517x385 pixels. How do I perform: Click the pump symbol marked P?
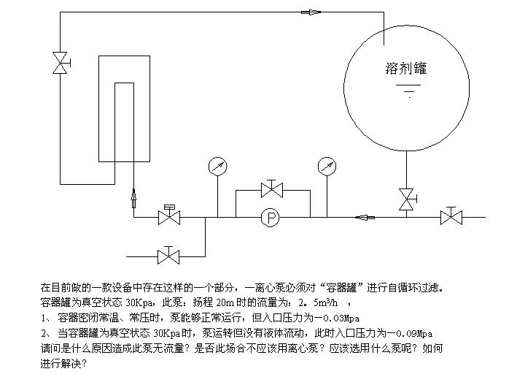(x=272, y=217)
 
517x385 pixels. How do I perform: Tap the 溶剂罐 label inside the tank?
(x=405, y=69)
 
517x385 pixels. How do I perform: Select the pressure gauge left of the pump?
(x=217, y=167)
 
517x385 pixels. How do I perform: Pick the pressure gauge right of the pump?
(x=327, y=167)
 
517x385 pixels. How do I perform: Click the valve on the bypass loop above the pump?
(x=272, y=190)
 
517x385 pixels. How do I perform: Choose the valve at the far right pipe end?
(x=451, y=217)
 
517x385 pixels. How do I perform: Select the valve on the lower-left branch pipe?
(x=169, y=256)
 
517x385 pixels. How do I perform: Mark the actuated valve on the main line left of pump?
(x=169, y=216)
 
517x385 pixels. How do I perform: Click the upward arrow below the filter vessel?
(x=133, y=197)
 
